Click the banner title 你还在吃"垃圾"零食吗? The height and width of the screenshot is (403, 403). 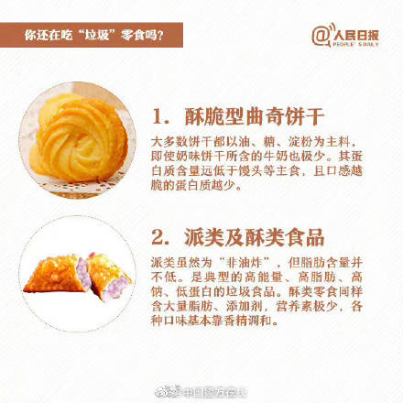point(94,35)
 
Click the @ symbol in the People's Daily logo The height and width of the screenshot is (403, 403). point(320,37)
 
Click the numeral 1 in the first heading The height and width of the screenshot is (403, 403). point(158,116)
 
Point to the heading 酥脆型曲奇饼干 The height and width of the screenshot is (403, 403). point(254,116)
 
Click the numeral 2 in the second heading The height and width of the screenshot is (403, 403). point(158,237)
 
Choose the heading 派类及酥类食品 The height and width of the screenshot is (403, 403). point(254,237)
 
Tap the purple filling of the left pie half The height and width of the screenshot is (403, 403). point(82,273)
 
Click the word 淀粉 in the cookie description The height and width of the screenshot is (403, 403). point(300,142)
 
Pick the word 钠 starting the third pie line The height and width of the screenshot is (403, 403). point(157,292)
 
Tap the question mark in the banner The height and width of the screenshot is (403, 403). point(159,36)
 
